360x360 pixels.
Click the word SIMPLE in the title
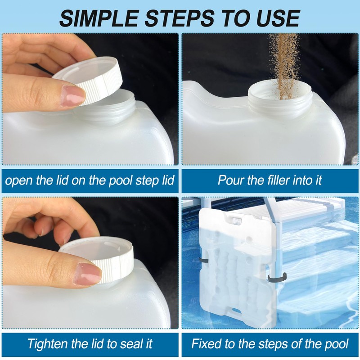tap(99, 18)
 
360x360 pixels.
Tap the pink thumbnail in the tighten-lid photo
tap(89, 273)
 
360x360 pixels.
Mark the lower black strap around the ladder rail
tap(277, 276)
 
